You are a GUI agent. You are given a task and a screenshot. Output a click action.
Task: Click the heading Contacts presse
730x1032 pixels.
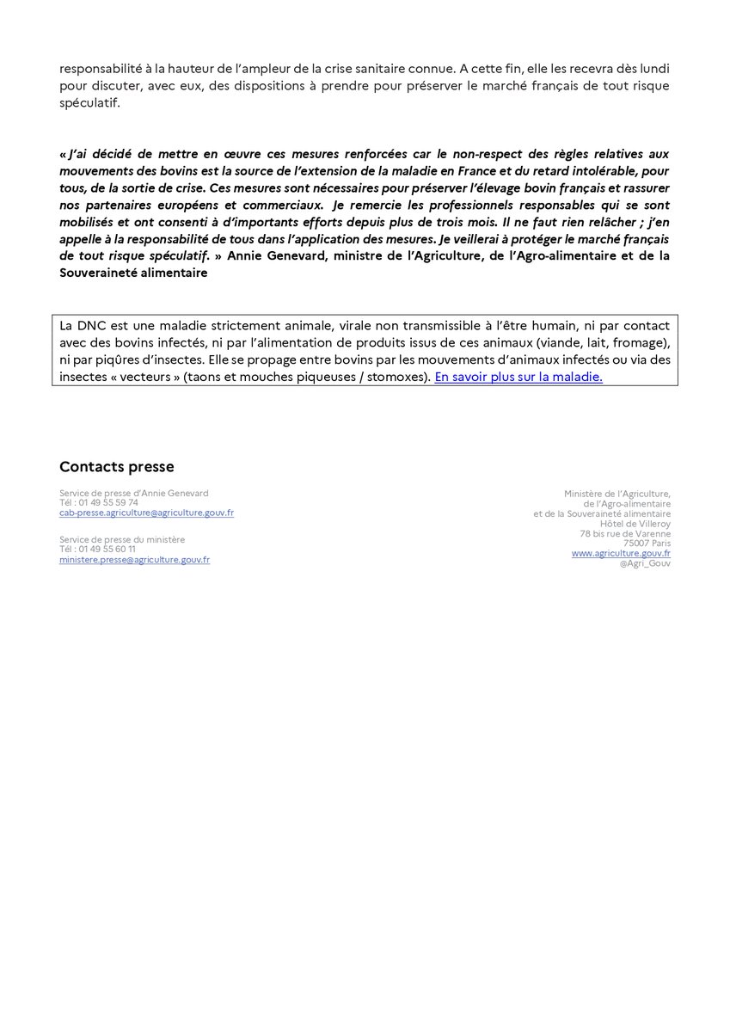click(x=116, y=467)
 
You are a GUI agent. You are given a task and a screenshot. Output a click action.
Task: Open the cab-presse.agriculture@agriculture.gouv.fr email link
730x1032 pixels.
click(x=146, y=513)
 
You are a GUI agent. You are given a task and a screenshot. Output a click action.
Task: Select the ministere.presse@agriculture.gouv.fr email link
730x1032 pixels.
click(x=134, y=560)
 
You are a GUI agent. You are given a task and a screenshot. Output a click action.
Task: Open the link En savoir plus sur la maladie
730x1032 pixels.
click(x=518, y=377)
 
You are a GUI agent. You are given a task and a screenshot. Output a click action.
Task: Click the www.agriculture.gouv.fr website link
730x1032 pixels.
click(x=621, y=554)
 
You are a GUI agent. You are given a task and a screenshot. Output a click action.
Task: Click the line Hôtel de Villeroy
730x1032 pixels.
click(x=635, y=524)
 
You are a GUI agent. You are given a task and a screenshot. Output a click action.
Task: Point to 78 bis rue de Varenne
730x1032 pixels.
click(x=625, y=534)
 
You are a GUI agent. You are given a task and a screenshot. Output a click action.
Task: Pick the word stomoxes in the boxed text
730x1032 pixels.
click(x=401, y=377)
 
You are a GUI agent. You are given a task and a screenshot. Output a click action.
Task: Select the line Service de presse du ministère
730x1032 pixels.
click(x=122, y=540)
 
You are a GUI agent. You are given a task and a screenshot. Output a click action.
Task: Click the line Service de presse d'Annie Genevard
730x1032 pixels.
click(x=134, y=493)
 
